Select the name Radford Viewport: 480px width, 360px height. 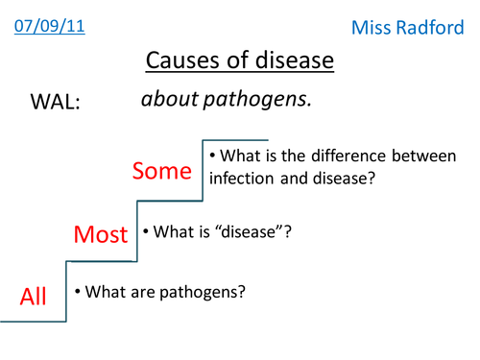point(432,30)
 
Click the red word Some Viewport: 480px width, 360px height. point(162,171)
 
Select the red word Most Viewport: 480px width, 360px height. point(101,234)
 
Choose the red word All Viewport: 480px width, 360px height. point(34,297)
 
